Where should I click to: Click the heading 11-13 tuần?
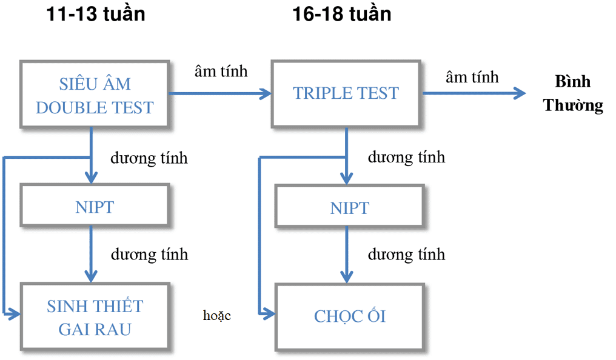[96, 13]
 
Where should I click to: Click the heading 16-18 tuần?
[342, 13]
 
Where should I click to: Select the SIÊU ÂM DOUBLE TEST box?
[95, 95]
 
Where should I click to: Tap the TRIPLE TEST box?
[346, 93]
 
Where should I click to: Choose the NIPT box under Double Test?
[95, 207]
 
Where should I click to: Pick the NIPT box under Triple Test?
[349, 208]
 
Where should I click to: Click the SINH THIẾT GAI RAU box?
[95, 317]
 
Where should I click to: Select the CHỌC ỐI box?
[349, 316]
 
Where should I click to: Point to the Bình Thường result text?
[573, 94]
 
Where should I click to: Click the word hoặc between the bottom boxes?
[217, 315]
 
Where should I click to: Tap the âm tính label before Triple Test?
[221, 71]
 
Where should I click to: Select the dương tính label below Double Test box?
[149, 158]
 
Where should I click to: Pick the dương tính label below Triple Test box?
[406, 157]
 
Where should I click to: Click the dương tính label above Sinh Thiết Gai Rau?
[149, 254]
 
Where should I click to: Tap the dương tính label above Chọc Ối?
[406, 253]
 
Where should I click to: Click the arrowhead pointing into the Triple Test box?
[266, 94]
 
